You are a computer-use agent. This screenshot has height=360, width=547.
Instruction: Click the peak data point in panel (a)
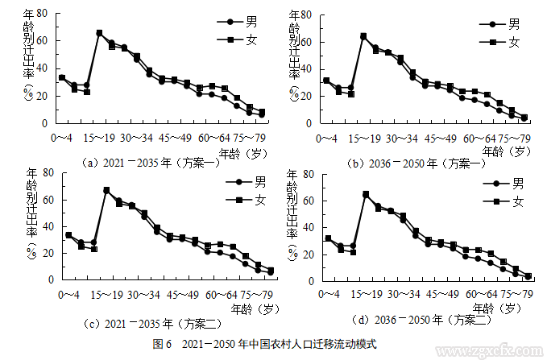point(99,33)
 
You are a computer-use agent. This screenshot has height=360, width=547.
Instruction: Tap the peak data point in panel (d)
point(366,194)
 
